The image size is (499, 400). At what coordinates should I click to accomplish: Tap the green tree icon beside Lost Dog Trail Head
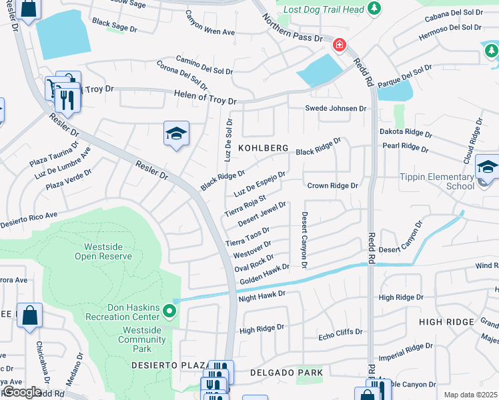point(375,8)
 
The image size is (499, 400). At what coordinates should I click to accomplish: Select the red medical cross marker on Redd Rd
point(340,45)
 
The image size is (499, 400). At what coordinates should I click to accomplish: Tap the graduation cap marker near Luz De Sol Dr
point(176,134)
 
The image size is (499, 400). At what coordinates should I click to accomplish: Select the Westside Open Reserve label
point(103,251)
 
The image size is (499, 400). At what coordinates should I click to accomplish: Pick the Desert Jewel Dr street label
point(262,213)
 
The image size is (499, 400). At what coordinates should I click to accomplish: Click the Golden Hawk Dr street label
point(264,274)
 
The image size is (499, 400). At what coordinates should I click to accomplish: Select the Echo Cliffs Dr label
point(340,332)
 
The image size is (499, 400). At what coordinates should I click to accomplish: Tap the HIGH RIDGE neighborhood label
point(449,322)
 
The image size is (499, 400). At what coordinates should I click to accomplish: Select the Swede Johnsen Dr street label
point(336,109)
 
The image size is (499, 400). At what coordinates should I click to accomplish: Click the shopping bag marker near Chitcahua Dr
point(31,316)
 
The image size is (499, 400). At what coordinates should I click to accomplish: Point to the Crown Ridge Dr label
point(332,186)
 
